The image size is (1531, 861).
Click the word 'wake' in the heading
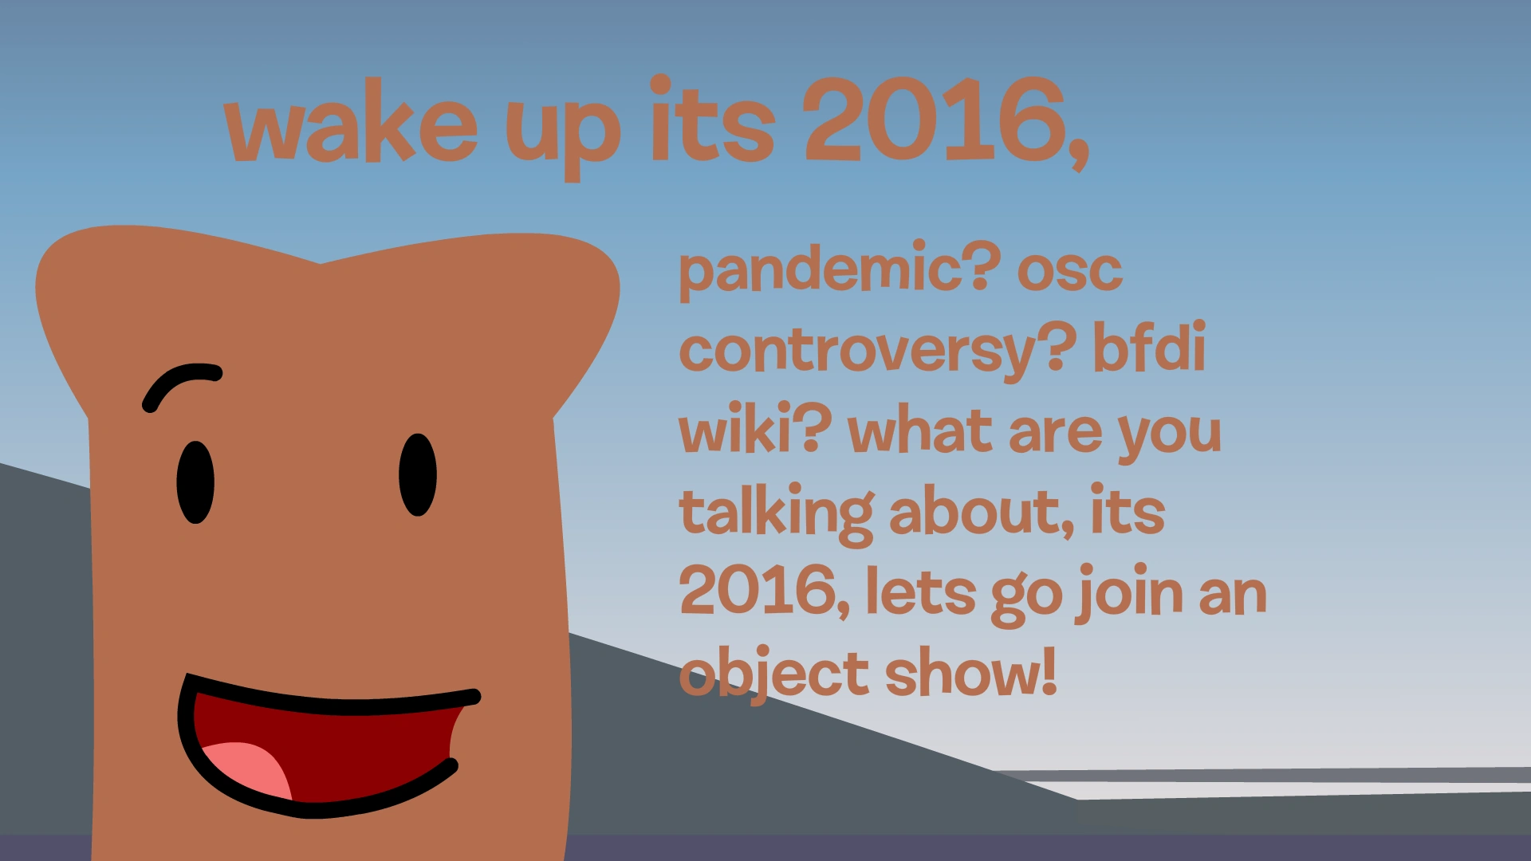click(351, 128)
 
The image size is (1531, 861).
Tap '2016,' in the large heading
click(945, 124)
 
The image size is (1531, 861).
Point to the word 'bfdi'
click(1148, 349)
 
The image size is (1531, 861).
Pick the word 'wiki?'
click(754, 431)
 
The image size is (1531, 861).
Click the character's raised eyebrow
click(182, 383)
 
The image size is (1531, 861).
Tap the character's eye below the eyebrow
click(195, 482)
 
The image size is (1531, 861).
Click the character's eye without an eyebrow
click(418, 475)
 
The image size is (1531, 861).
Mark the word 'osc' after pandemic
click(1069, 271)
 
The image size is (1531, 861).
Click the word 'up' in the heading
click(563, 132)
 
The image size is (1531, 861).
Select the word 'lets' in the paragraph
click(920, 594)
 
